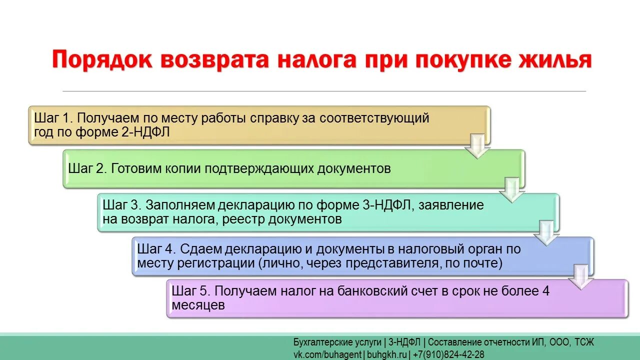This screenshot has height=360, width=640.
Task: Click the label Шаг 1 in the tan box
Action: click(53, 118)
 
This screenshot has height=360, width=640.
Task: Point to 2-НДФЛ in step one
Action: click(149, 132)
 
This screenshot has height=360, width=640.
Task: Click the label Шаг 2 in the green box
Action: click(87, 168)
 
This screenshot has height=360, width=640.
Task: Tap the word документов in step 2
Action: click(353, 168)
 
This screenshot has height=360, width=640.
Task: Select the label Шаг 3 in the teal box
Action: click(122, 205)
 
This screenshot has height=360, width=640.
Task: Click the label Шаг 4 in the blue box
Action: click(156, 249)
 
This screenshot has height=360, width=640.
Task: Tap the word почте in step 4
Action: click(482, 262)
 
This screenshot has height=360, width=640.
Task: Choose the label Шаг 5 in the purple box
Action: click(191, 291)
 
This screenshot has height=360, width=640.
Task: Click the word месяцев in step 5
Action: click(197, 305)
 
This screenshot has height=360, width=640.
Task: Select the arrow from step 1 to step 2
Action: click(477, 146)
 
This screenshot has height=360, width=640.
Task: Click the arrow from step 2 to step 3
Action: click(512, 190)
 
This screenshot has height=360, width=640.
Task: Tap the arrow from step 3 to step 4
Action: click(546, 233)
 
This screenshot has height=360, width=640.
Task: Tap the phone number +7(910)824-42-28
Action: click(448, 354)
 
